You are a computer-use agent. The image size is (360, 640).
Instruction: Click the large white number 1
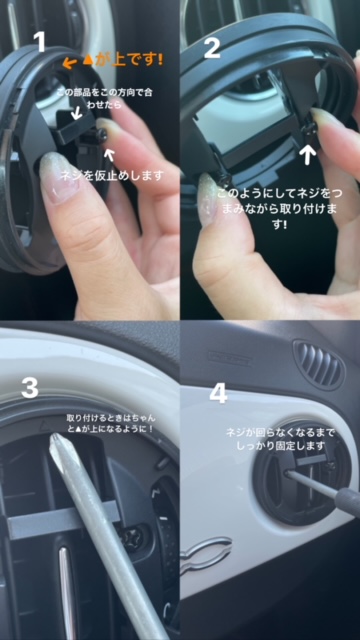(x=40, y=42)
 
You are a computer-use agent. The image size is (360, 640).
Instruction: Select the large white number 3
(x=30, y=387)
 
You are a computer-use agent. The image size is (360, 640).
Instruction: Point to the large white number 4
(x=218, y=393)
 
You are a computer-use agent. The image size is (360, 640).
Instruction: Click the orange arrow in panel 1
(x=71, y=62)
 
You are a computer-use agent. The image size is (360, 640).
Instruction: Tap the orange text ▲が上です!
(x=123, y=60)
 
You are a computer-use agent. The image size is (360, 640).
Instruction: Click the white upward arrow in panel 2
(x=310, y=154)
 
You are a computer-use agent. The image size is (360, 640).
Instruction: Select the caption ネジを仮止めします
(x=111, y=176)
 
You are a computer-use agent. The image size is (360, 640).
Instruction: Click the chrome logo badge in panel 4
(x=205, y=554)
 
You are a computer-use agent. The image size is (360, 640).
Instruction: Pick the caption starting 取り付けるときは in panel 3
(x=111, y=423)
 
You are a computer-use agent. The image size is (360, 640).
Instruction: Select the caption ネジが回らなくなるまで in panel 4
(x=280, y=439)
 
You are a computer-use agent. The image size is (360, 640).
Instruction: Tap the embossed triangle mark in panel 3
(x=43, y=426)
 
